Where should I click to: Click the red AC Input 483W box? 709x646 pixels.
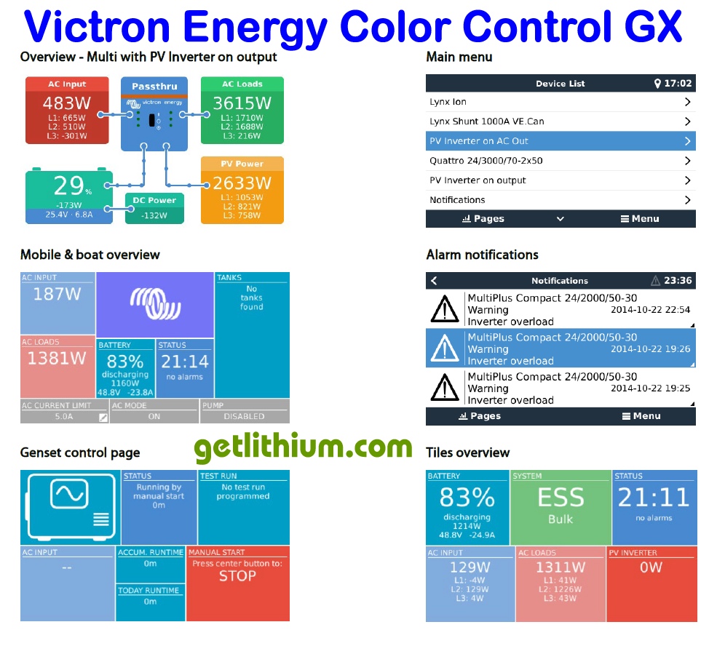(67, 110)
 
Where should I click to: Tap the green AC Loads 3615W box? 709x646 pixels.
(242, 110)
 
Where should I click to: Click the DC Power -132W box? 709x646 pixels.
(153, 207)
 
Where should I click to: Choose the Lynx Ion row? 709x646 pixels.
(560, 103)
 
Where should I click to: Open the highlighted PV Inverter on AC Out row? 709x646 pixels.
(560, 141)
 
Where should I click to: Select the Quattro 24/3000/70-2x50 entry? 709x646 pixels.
(560, 161)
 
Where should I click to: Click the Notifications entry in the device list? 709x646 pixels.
(560, 200)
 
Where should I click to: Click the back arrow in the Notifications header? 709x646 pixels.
(435, 281)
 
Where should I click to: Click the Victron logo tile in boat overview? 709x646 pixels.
(154, 304)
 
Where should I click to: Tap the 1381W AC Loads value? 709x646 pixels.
(57, 359)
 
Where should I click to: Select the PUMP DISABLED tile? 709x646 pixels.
(244, 412)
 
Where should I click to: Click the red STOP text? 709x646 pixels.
(237, 576)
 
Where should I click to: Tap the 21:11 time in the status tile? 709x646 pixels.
(653, 498)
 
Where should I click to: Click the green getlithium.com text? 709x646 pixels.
(303, 447)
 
